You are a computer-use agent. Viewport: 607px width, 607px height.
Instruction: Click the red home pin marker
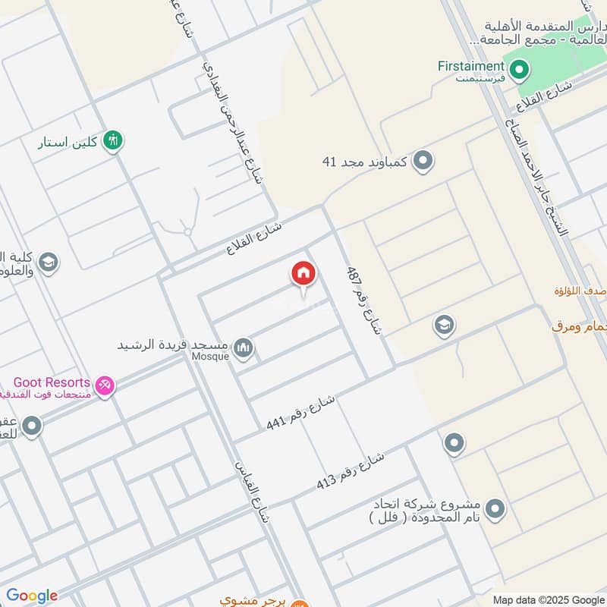(303, 274)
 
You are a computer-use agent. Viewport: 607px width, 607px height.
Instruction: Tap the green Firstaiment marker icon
(520, 71)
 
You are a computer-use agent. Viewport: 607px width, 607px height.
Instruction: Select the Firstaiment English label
(470, 66)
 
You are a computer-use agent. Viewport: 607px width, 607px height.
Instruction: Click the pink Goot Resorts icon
(105, 385)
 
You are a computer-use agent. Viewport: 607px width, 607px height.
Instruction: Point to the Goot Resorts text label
(52, 382)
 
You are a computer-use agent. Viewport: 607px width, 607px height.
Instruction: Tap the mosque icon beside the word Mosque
(244, 348)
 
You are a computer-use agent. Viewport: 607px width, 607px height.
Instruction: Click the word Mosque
(210, 357)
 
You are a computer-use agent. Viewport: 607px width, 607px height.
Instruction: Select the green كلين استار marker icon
(113, 140)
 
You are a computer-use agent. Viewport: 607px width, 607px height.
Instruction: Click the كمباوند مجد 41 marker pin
(424, 162)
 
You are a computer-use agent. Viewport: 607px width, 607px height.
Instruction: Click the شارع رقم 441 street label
(300, 414)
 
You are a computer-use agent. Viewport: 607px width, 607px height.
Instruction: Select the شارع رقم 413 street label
(351, 470)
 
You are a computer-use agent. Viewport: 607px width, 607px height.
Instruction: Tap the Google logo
(31, 596)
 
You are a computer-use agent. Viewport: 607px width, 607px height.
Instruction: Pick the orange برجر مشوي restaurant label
(254, 600)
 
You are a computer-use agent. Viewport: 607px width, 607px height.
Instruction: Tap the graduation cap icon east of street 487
(444, 326)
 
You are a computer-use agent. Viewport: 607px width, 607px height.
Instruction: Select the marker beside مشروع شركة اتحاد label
(495, 509)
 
